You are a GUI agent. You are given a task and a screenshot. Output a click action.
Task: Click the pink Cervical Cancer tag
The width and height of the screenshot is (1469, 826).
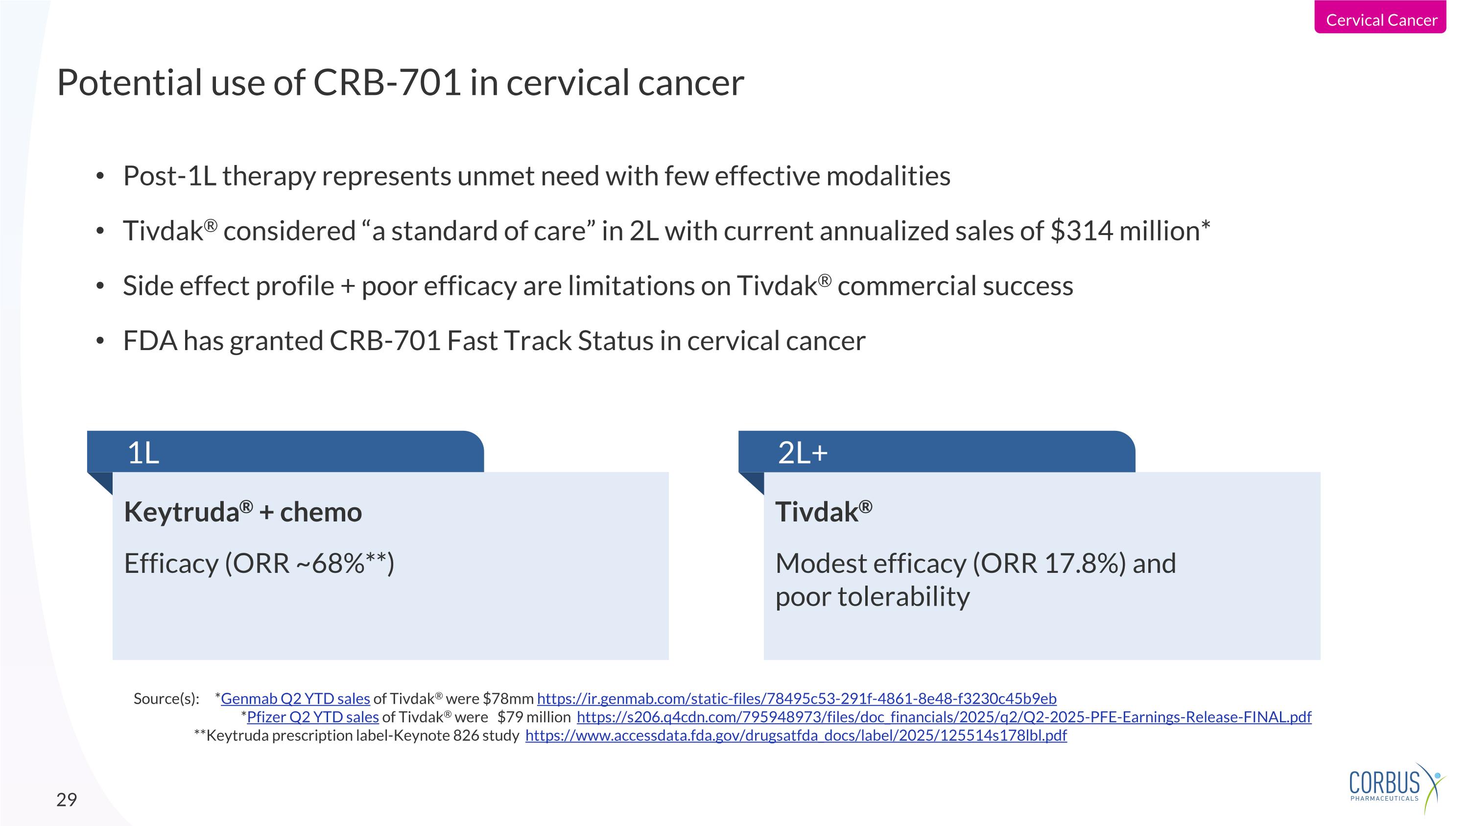tap(1380, 20)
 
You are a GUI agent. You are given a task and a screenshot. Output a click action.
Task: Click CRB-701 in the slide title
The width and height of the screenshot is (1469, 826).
tap(387, 83)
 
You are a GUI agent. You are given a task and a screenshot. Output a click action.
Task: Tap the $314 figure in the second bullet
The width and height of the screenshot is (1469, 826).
tap(1081, 231)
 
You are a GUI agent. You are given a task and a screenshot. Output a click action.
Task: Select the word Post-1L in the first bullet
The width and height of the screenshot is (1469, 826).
tap(169, 176)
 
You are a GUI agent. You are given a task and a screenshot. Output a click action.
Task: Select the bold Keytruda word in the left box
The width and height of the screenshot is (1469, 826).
tap(181, 512)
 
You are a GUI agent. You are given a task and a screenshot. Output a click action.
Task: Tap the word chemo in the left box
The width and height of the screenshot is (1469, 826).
tap(321, 512)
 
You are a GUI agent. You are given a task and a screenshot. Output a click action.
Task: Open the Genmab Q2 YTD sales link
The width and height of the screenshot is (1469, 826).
tap(295, 698)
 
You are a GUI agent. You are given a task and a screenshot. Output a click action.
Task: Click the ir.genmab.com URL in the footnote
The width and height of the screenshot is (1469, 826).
tap(796, 698)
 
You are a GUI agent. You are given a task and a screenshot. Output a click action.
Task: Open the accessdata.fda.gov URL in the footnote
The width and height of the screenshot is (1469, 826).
tap(796, 735)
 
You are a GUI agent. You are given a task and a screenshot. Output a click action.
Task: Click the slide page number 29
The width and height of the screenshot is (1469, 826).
tap(66, 799)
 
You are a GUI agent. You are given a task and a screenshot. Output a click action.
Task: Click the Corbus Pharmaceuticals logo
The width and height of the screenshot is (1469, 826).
tap(1395, 787)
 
